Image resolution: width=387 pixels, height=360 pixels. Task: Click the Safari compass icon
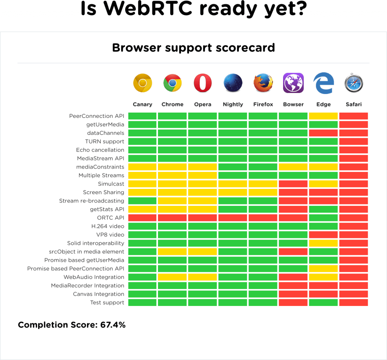click(353, 84)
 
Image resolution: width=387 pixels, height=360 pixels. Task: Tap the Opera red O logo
click(203, 83)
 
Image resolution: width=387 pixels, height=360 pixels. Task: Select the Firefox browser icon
click(263, 83)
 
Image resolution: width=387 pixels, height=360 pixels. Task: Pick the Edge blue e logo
click(323, 83)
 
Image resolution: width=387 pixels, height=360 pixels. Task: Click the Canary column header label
click(142, 104)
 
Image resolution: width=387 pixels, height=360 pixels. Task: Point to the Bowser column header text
click(293, 104)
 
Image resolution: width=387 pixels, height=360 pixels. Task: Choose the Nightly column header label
click(233, 104)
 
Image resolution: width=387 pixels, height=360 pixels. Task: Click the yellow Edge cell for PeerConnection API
click(323, 116)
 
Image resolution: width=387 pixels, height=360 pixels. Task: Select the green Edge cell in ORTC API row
click(323, 218)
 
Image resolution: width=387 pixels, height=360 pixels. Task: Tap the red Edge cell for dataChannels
click(323, 133)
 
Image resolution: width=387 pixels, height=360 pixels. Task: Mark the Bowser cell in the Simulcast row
click(293, 184)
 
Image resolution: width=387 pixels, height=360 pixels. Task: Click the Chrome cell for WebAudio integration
click(172, 277)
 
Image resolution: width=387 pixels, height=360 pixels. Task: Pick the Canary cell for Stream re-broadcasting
click(142, 201)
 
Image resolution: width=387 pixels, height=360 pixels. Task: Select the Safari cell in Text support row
click(353, 302)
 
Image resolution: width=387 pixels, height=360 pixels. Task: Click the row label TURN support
click(104, 141)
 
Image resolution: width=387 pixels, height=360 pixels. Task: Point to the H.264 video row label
click(107, 226)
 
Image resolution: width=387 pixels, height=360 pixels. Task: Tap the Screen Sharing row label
click(103, 192)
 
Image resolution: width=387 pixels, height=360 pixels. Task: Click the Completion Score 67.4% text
click(71, 325)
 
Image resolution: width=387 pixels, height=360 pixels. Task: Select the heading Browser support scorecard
click(193, 48)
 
